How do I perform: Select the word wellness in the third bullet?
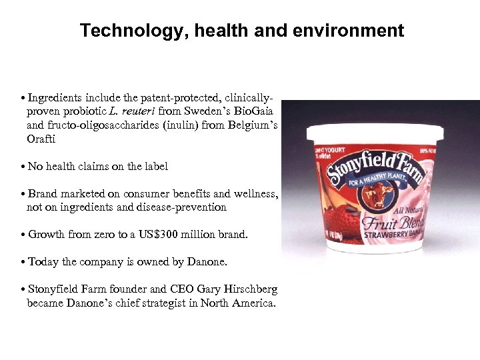point(255,193)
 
